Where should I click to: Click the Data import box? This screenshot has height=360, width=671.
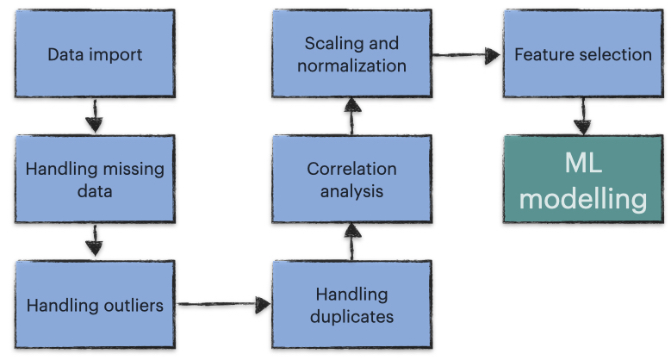pos(95,53)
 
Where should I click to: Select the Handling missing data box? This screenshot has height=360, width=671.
pos(95,179)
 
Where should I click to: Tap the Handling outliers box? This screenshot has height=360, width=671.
pos(95,304)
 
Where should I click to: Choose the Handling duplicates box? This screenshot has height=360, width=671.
pos(351,304)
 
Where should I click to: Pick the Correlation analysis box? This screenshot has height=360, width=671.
pos(351,179)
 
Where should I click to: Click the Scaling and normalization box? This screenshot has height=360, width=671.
pos(351,53)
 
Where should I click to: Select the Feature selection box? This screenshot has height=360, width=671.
pos(583,53)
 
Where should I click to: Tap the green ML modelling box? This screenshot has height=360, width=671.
pos(583,179)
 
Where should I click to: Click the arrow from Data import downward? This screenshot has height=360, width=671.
pos(95,116)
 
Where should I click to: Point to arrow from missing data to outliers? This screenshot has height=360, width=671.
pos(95,240)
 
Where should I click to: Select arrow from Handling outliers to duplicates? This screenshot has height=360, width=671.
pos(224,304)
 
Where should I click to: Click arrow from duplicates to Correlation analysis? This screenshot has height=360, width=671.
pos(352,242)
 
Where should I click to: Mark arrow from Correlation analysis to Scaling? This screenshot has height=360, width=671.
pos(352,116)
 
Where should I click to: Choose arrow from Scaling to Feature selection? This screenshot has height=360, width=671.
pos(467,55)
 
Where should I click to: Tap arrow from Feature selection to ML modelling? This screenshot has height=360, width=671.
pos(582,116)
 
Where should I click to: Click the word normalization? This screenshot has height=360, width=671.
pos(351,65)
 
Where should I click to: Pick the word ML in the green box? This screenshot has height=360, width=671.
pos(583,163)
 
